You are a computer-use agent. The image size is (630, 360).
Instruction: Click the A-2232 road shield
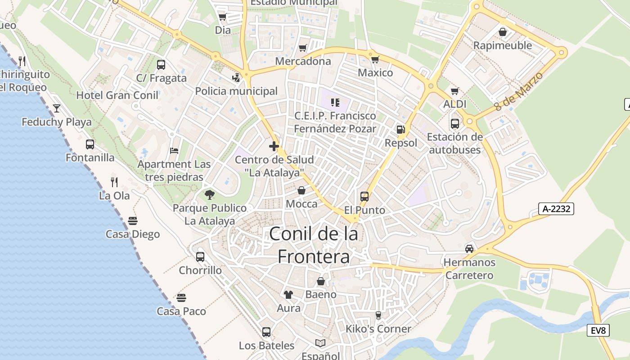[556, 209]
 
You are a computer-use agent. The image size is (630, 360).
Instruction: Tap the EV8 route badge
[598, 330]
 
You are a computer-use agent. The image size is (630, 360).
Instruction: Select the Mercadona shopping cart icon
[303, 48]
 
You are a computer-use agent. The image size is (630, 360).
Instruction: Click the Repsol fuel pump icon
[400, 130]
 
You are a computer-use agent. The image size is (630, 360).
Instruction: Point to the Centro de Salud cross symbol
[274, 146]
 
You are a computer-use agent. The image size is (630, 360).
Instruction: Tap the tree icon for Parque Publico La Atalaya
[209, 195]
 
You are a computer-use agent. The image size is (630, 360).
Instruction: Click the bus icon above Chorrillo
[200, 257]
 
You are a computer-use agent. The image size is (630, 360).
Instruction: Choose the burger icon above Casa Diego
[132, 221]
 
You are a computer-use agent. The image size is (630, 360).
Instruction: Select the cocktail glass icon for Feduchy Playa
[57, 108]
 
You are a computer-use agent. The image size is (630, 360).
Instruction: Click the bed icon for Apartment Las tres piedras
[174, 151]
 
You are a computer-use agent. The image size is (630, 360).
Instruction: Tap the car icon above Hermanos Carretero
[469, 249]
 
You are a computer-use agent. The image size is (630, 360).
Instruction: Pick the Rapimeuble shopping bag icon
[503, 32]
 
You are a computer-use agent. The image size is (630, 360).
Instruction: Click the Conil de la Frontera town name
[314, 245]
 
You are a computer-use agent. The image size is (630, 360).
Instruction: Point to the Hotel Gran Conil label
[117, 95]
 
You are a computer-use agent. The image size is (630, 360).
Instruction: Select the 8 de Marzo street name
[518, 91]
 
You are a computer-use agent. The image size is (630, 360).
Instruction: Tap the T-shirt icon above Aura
[288, 295]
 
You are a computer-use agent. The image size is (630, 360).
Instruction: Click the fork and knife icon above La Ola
[114, 182]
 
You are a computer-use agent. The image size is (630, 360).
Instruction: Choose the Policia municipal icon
[236, 78]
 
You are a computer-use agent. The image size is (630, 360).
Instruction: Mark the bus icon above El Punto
[364, 197]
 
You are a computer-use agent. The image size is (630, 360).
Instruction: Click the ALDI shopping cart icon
[455, 91]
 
